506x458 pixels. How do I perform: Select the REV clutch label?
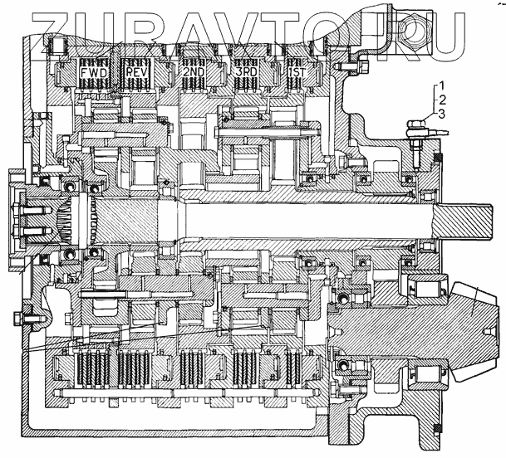[137, 73]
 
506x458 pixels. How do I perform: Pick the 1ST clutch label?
[295, 73]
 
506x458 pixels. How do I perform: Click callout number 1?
[445, 85]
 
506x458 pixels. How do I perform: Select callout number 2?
[445, 99]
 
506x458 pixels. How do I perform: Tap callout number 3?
[445, 113]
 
